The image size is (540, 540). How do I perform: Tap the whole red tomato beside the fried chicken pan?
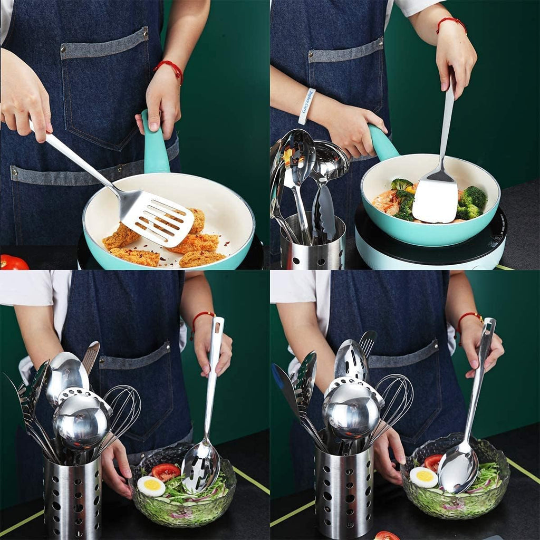(13, 262)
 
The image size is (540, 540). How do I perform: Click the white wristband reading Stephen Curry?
(307, 105)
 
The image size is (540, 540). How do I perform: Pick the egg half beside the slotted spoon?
(151, 486)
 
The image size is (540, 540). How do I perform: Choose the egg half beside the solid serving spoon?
(423, 477)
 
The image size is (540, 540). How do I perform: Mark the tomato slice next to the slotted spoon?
(166, 471)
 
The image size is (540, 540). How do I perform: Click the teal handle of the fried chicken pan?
(155, 145)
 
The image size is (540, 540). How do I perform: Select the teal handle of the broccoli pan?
(382, 142)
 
